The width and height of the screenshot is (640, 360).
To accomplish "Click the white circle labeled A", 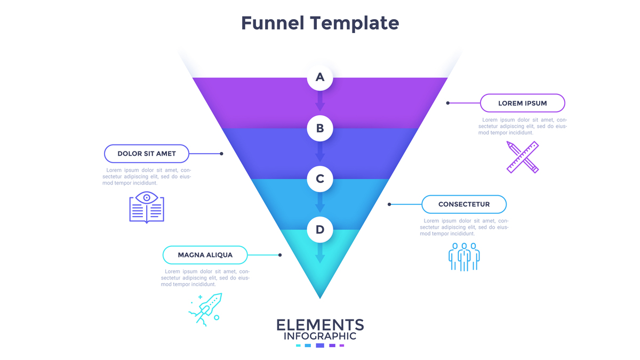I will pos(320,77).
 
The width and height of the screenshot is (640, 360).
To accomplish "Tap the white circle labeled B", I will pos(320,128).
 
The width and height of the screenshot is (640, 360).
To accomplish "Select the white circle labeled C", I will pos(320,179).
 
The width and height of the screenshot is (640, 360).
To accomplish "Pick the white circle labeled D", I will pos(320,229).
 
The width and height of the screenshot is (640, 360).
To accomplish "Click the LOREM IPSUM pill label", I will pos(522,103).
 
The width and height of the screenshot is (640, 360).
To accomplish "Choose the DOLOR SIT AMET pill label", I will pos(147,154).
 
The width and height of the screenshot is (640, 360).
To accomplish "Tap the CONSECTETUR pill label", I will pos(463,204).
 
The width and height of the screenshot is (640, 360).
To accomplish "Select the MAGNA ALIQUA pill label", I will pos(205,255).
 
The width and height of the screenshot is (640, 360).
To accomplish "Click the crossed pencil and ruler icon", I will pos(522,157).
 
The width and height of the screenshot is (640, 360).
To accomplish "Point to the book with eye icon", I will pos(147,207).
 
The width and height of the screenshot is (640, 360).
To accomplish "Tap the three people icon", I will pos(464,257).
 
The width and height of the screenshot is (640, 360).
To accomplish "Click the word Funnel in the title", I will pos(273,23).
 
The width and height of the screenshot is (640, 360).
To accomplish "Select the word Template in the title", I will pos(355,23).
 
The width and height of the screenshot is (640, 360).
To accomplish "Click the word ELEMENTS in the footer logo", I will pos(320,325).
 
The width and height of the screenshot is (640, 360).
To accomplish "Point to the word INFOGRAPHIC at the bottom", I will pos(320,336).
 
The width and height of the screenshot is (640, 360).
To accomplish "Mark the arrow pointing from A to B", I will pos(320,101).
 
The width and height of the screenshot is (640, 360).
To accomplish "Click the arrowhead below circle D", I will pos(320,259).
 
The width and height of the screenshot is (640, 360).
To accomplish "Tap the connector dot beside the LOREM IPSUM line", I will pos(448,103).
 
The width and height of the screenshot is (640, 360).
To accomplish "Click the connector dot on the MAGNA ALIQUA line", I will pos(280,255).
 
